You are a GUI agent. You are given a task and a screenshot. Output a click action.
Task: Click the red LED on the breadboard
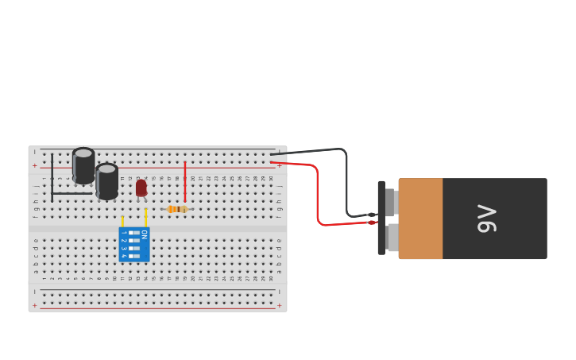141,188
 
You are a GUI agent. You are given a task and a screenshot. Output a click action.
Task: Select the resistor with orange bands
177,209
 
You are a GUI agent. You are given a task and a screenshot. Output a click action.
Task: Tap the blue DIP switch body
133,245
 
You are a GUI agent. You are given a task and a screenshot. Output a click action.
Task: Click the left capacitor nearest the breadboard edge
83,165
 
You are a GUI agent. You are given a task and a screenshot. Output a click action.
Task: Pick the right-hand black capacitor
106,181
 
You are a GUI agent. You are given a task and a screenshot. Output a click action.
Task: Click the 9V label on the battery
486,219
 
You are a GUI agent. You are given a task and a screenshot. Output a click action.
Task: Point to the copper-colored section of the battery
420,219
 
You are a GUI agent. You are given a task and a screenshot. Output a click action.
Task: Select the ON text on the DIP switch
144,234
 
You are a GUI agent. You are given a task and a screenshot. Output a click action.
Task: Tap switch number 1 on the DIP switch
134,233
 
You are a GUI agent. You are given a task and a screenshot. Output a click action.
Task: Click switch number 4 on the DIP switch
134,256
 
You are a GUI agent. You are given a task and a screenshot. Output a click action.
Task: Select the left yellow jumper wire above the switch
122,221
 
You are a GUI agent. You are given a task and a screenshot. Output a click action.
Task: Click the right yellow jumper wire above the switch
146,217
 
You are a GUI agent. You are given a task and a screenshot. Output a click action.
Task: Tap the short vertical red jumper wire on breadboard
185,181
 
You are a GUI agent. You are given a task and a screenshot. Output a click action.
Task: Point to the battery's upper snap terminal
390,202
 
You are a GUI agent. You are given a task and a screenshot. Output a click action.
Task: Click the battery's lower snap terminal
392,238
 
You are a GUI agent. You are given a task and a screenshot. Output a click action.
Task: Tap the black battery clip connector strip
381,218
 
